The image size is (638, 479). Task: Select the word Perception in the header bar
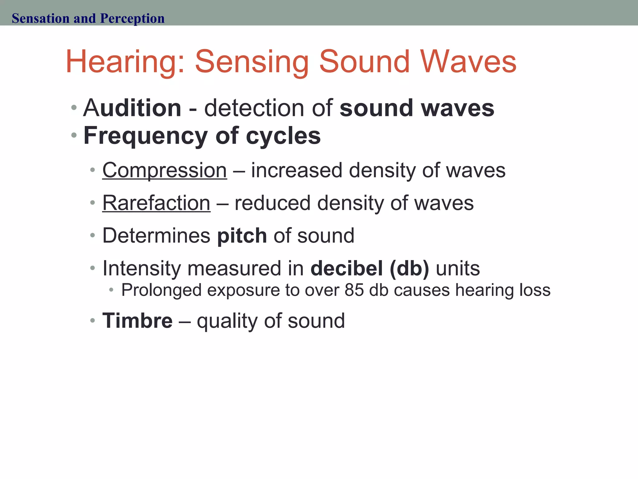132,18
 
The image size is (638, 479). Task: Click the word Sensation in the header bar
40,18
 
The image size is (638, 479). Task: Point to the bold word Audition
132,108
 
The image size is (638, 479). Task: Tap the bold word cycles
283,136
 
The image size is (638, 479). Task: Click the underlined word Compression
164,171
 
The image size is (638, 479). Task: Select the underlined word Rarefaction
156,203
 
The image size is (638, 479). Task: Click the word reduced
272,203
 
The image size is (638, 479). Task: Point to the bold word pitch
242,235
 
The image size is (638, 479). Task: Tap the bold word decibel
346,268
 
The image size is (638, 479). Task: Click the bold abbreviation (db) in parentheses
409,268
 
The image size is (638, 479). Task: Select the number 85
354,290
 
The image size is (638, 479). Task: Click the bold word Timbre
137,321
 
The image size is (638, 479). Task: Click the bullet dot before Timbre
92,321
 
